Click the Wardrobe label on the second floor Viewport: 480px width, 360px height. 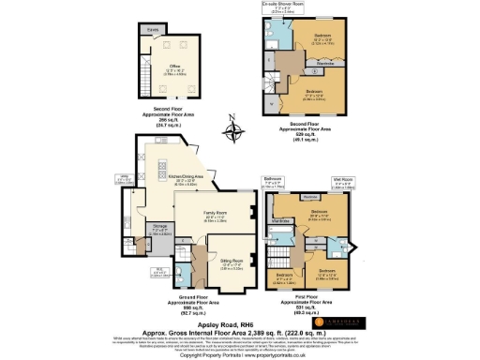pyautogui.click(x=344, y=65)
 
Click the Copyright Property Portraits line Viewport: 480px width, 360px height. pyautogui.click(x=239, y=355)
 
